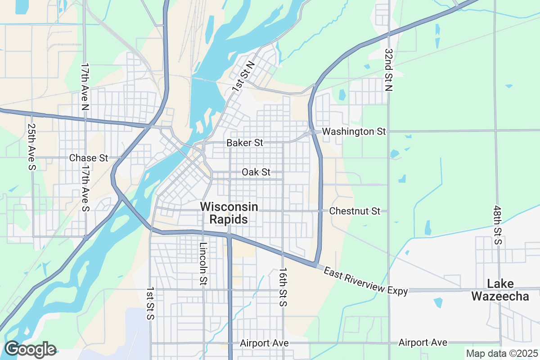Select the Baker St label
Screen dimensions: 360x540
(x=245, y=143)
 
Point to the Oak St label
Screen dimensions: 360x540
(x=256, y=172)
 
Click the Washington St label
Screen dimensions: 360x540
(x=355, y=132)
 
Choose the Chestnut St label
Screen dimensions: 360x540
(x=355, y=211)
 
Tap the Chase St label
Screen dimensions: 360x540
(x=89, y=158)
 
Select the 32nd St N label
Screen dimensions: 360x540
(x=389, y=70)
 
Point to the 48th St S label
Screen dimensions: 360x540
(x=497, y=225)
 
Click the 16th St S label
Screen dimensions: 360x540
(x=283, y=287)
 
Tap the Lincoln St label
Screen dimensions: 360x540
(x=203, y=264)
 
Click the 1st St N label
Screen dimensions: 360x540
(x=243, y=77)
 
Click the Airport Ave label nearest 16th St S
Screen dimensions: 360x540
(x=264, y=343)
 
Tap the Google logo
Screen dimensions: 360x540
(x=30, y=349)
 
